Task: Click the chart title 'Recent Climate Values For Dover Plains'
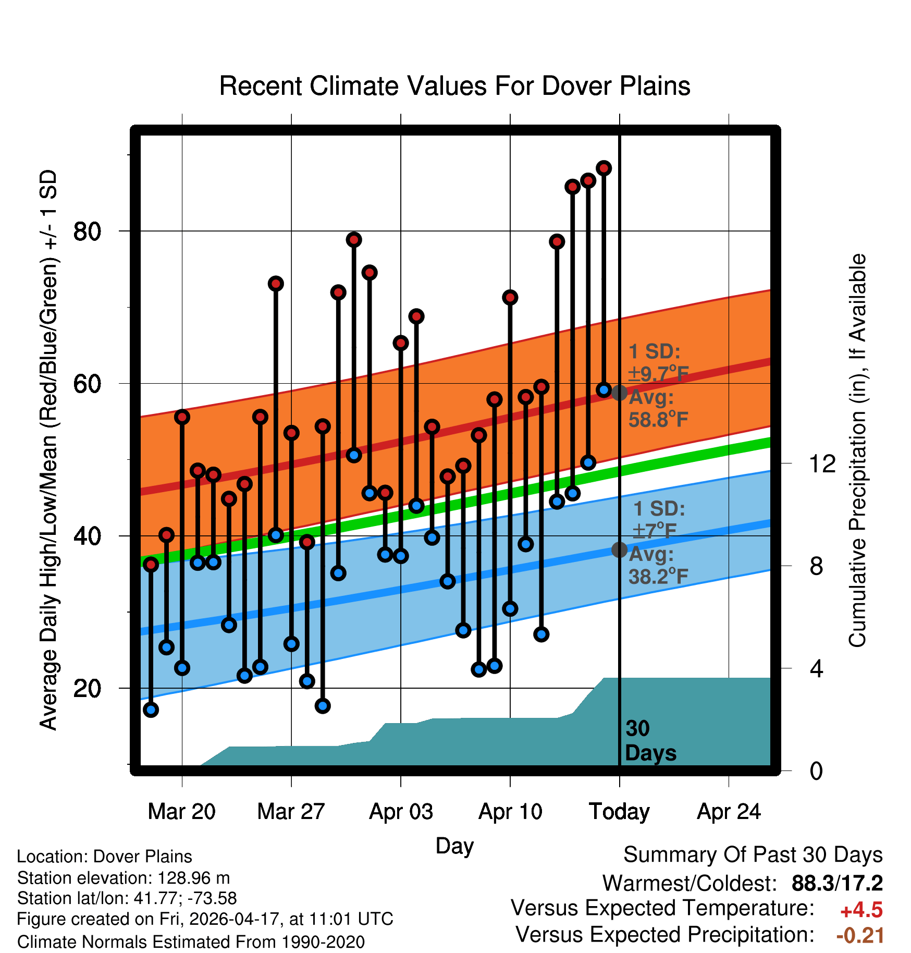(x=454, y=86)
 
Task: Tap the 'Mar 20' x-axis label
(x=181, y=812)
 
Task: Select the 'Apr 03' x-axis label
(x=401, y=812)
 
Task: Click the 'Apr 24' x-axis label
(x=729, y=812)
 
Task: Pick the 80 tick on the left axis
(x=88, y=231)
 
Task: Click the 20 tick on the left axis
(x=88, y=688)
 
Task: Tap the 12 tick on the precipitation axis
(x=822, y=463)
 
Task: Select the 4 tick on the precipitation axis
(x=816, y=668)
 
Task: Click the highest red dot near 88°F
(x=604, y=168)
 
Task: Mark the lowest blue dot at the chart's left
(x=151, y=710)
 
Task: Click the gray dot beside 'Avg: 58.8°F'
(x=619, y=393)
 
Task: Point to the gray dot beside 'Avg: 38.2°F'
(x=619, y=549)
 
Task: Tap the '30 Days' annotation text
(x=650, y=741)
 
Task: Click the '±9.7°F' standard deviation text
(x=659, y=374)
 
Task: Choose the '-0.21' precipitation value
(x=860, y=935)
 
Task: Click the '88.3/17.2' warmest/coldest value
(x=837, y=883)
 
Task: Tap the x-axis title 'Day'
(x=454, y=846)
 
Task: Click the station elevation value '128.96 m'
(x=194, y=878)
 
